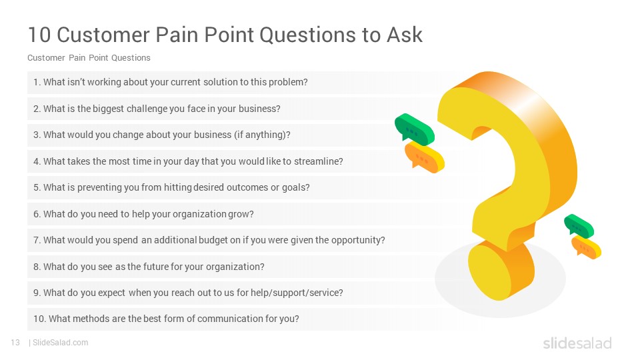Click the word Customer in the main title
103,35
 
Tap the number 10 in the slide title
39,35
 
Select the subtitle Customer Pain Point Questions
89,58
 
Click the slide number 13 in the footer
15,343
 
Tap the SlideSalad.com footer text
60,343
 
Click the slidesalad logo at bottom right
577,343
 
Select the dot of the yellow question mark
501,270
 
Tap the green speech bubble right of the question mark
579,225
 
